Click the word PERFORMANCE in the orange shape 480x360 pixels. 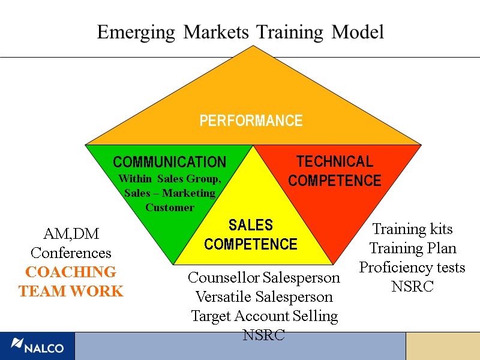pos(251,121)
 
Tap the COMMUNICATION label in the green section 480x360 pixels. pos(170,162)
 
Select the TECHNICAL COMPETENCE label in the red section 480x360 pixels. pos(335,171)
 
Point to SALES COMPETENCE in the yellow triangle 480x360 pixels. pos(251,235)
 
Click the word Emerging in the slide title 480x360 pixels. pos(136,32)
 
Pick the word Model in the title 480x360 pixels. pos(358,32)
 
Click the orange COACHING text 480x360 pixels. pos(71,272)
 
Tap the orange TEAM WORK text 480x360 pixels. pos(71,292)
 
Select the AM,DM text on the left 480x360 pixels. pos(71,233)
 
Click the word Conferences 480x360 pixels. pos(71,253)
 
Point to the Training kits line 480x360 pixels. pos(412,229)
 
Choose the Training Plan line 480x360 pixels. pos(412,248)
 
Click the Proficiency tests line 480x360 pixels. pos(412,267)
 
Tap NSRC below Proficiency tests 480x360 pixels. pos(412,287)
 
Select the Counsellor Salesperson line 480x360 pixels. pos(264,278)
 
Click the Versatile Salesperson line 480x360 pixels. pos(264,296)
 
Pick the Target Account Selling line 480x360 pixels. pos(264,316)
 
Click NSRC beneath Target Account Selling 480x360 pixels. pos(264,335)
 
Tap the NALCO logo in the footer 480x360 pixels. pos(37,346)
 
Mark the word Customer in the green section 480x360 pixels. pos(170,208)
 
